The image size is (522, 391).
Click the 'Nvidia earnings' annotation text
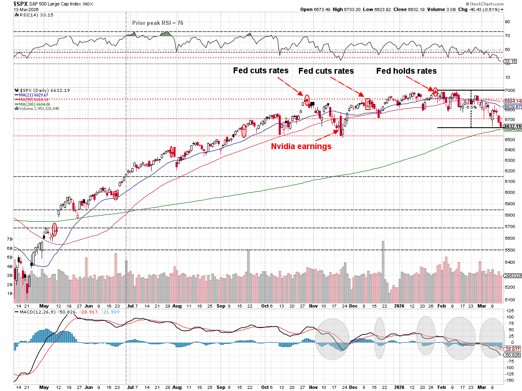(x=301, y=147)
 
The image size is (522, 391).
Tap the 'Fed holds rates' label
(x=406, y=71)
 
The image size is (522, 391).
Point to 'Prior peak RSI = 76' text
(x=158, y=23)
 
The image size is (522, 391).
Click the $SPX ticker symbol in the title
(x=9, y=3)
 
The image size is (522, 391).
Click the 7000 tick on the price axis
(x=510, y=91)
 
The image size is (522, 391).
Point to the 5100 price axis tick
(x=510, y=300)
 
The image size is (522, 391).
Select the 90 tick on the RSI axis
(x=508, y=22)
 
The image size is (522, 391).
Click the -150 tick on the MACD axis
(x=509, y=380)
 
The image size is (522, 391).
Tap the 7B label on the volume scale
(x=9, y=239)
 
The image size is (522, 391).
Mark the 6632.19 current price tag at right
(x=513, y=126)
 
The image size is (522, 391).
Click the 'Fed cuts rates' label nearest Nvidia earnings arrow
(x=326, y=71)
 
